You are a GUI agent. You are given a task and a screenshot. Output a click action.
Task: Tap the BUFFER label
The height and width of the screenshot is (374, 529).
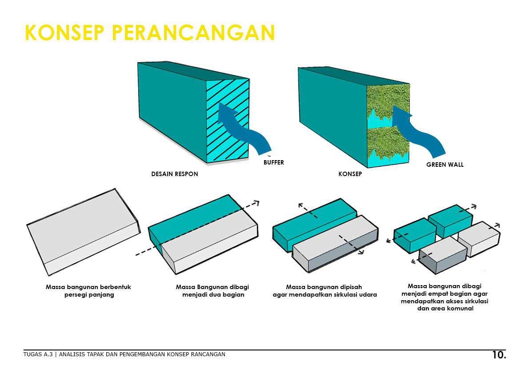273,162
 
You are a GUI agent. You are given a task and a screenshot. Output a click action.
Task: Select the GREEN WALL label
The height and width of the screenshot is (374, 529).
445,165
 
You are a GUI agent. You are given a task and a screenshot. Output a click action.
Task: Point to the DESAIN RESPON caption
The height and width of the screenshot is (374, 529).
175,174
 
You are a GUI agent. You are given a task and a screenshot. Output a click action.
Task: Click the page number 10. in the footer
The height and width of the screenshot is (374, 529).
499,355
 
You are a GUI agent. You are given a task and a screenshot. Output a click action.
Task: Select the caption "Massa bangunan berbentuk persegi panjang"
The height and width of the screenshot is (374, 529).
88,291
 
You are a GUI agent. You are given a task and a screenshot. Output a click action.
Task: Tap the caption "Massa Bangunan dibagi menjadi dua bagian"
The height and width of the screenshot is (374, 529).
212,291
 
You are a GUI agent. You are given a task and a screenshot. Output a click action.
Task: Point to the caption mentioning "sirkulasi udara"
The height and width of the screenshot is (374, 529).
325,291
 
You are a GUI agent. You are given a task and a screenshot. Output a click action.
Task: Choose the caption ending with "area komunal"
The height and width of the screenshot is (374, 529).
445,297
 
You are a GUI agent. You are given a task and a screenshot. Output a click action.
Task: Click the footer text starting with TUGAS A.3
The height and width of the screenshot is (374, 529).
124,354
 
